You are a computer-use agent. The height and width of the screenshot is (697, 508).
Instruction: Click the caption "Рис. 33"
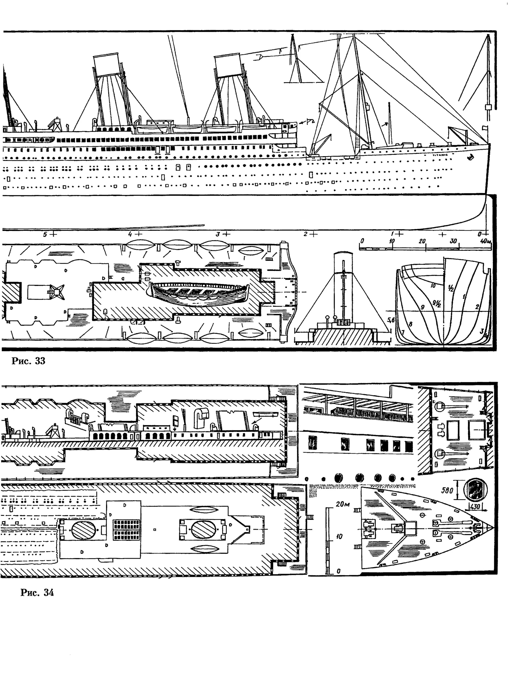pos(28,361)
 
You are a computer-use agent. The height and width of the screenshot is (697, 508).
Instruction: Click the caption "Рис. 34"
pos(37,593)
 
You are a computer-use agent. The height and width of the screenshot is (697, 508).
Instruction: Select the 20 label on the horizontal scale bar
pos(422,241)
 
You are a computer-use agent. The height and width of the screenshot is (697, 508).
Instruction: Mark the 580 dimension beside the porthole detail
pos(447,490)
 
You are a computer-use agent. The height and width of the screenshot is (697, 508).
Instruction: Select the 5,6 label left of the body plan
pos(391,320)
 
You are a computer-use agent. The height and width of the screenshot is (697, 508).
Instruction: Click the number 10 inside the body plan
pos(433,286)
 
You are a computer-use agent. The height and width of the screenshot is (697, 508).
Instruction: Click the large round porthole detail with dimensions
pos(476,490)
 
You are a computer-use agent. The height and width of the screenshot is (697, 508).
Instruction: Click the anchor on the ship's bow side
pos(470,157)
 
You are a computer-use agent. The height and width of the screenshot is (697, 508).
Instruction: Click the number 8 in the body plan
pos(411,324)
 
